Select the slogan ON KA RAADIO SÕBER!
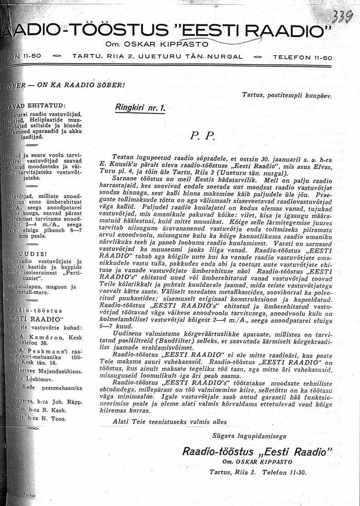point(81,85)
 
